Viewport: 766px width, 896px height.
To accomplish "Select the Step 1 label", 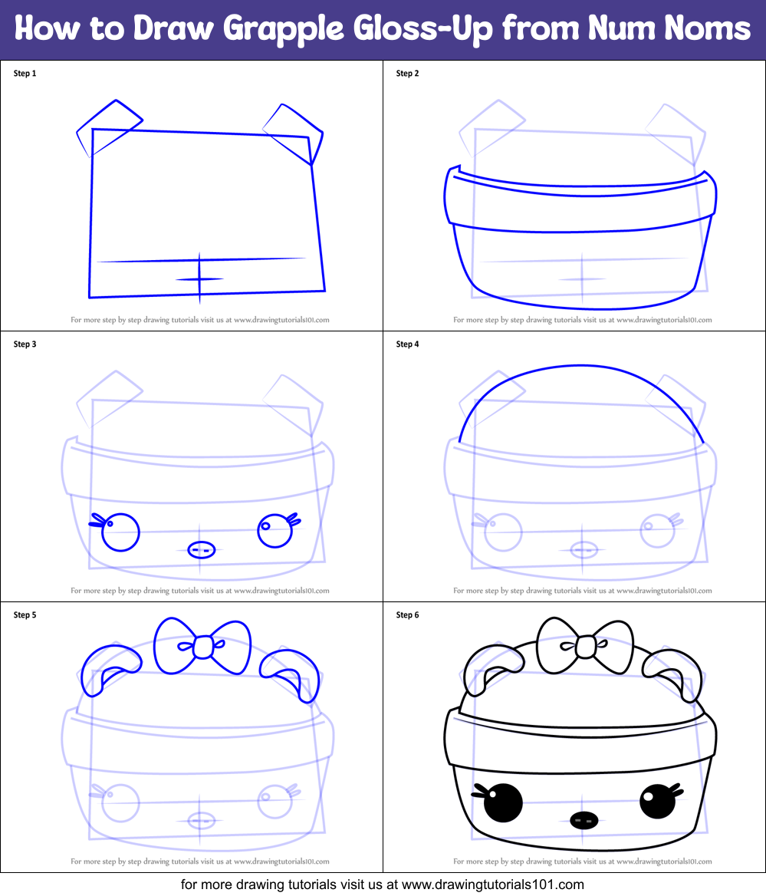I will (25, 74).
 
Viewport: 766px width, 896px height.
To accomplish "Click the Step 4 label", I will (407, 344).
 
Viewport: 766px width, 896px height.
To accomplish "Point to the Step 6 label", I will (407, 615).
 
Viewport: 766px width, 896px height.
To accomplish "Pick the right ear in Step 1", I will (295, 129).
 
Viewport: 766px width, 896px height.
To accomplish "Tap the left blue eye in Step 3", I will (120, 532).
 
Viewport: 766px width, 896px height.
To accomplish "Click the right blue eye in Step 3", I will (274, 531).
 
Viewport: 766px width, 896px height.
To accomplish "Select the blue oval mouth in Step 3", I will (200, 550).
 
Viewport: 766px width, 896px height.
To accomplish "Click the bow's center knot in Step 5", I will (202, 647).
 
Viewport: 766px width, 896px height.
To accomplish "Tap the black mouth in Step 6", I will (584, 820).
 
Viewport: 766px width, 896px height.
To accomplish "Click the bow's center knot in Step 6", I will (585, 647).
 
